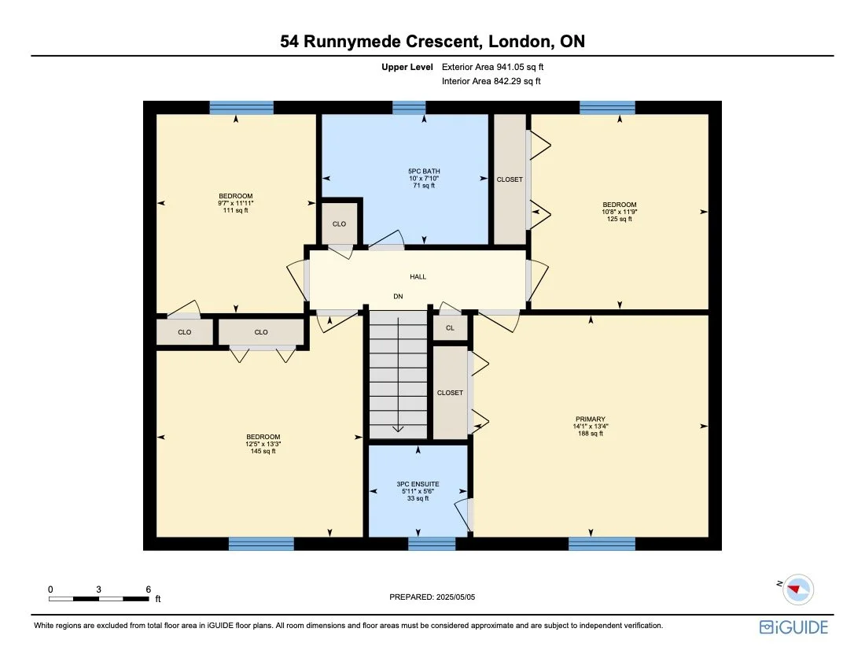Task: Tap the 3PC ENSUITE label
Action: (418, 483)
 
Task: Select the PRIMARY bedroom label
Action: (590, 420)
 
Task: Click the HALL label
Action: (418, 277)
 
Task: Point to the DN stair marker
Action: (399, 297)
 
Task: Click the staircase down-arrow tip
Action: (398, 430)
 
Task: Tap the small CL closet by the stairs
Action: (450, 327)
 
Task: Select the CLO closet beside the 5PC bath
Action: (339, 224)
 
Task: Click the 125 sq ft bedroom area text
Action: (620, 219)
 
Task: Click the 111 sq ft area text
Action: (236, 210)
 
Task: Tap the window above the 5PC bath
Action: (409, 108)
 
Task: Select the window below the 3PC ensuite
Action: (432, 543)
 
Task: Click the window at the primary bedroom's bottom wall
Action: (602, 543)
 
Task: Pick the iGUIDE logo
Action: (793, 627)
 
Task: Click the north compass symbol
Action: (797, 589)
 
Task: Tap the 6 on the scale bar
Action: (148, 589)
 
